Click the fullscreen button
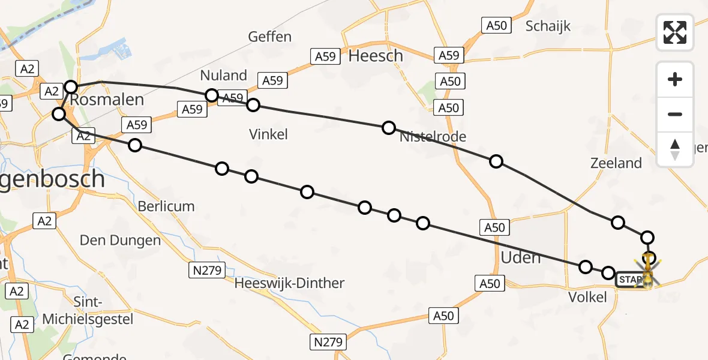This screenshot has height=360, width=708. click(x=675, y=32)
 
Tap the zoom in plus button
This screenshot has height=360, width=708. click(x=675, y=79)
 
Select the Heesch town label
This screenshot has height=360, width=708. click(x=376, y=56)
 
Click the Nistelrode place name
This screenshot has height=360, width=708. click(x=433, y=136)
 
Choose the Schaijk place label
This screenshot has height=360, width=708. click(x=548, y=26)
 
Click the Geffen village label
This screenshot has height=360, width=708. click(x=270, y=37)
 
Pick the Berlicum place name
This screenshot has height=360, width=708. click(x=166, y=206)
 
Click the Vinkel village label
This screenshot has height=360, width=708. click(x=268, y=134)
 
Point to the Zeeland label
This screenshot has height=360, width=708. click(x=616, y=163)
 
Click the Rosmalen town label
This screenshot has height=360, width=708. click(x=107, y=100)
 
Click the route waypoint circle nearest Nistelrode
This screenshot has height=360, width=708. click(x=389, y=127)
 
